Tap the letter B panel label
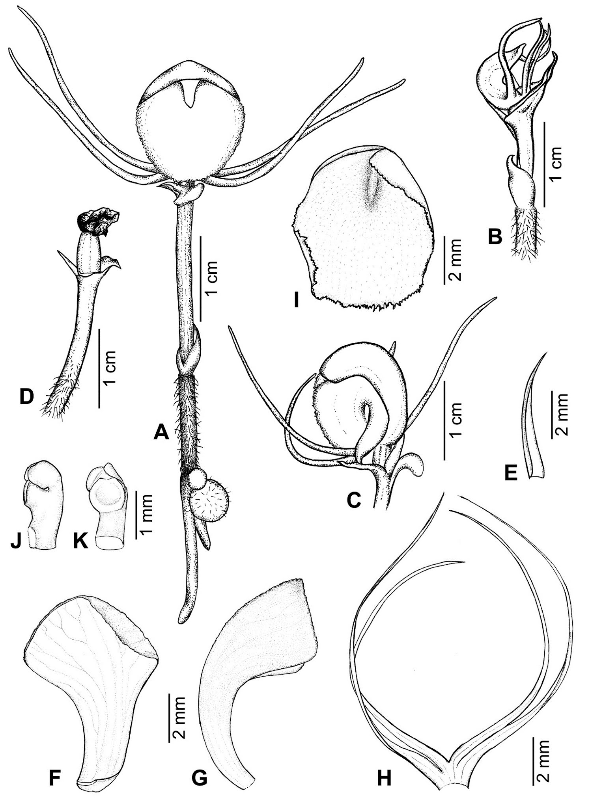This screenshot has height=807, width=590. [x=495, y=236]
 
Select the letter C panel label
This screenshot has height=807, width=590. [x=353, y=500]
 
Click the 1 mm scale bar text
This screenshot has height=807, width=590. [x=144, y=513]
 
